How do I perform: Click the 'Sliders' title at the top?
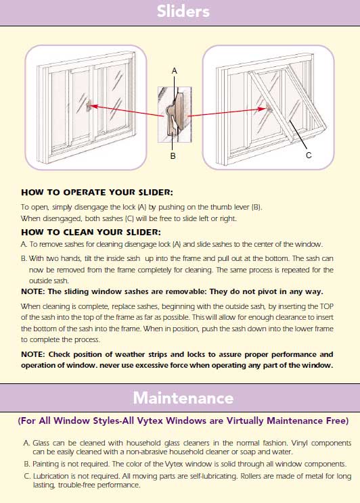point(183,11)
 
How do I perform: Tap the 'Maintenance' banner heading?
point(183,398)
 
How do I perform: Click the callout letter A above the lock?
point(175,70)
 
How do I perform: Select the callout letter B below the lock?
point(173,156)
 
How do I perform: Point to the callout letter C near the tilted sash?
point(309,155)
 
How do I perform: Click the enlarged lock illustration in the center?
point(175,114)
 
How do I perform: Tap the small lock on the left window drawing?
point(89,106)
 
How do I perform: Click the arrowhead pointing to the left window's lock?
point(94,106)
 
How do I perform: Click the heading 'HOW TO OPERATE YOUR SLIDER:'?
point(97,193)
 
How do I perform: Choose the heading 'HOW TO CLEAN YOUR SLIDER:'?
point(91,232)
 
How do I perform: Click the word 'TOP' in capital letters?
point(327,306)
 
